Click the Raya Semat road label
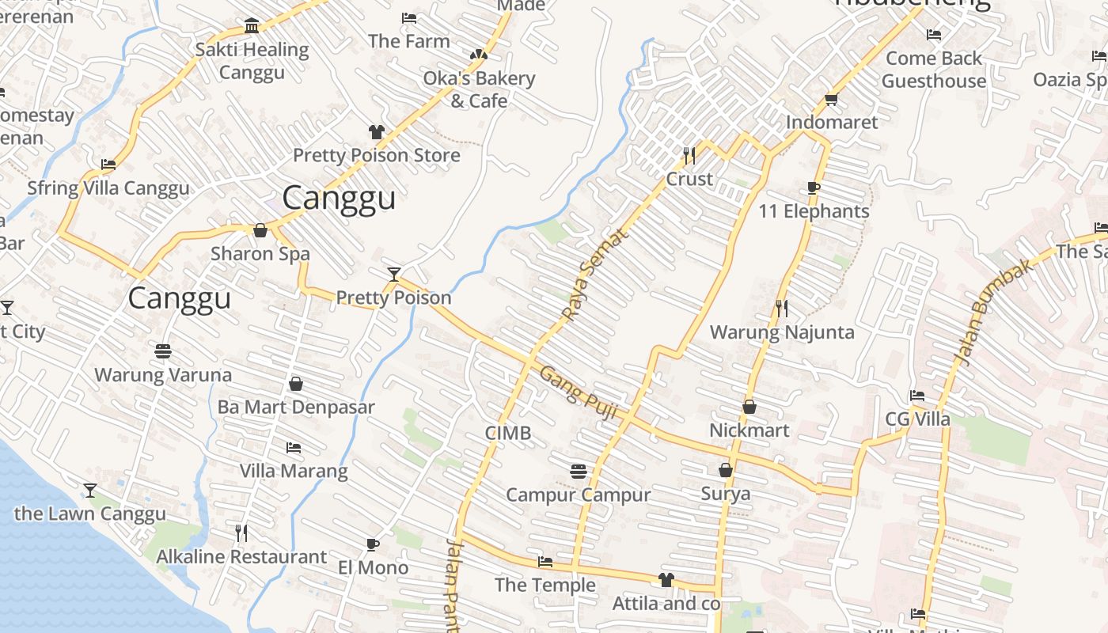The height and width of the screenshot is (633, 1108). click(x=595, y=275)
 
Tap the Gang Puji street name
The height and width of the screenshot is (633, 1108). click(x=578, y=389)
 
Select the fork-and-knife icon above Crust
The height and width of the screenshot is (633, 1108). click(x=689, y=154)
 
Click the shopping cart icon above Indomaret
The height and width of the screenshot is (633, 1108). click(x=831, y=99)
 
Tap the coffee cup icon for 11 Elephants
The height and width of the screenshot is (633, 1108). click(x=813, y=188)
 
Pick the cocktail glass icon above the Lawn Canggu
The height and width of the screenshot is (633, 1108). click(x=90, y=491)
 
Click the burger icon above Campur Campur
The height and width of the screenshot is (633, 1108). click(x=579, y=472)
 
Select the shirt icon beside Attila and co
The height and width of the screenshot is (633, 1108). click(x=666, y=580)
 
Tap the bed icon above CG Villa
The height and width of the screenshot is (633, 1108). click(x=917, y=396)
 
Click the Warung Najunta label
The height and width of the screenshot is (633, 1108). click(x=782, y=332)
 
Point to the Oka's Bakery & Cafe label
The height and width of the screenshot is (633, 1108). click(x=479, y=89)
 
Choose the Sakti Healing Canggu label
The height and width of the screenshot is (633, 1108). click(x=252, y=61)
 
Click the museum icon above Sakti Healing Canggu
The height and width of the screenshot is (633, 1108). click(x=252, y=26)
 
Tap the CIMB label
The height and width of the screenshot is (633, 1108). click(x=508, y=434)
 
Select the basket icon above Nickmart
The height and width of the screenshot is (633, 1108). click(x=749, y=407)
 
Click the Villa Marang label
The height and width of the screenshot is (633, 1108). click(x=294, y=471)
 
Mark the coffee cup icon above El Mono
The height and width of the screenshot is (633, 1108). click(x=373, y=544)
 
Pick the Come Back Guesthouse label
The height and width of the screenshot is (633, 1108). click(x=934, y=70)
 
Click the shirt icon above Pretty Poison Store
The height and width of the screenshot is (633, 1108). click(x=377, y=131)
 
